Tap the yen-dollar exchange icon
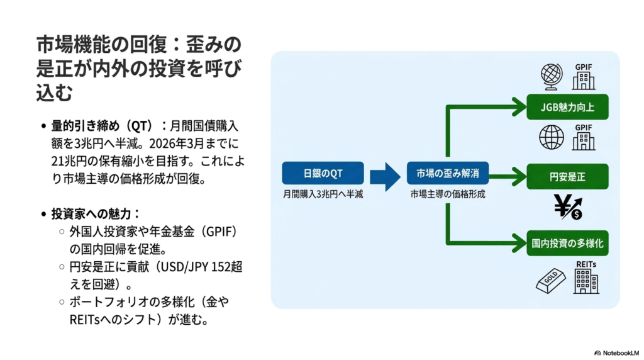[x=568, y=207]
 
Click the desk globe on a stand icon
[x=552, y=77]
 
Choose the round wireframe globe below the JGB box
[x=552, y=137]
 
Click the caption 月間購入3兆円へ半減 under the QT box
[x=323, y=195]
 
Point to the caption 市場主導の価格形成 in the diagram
[x=448, y=195]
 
